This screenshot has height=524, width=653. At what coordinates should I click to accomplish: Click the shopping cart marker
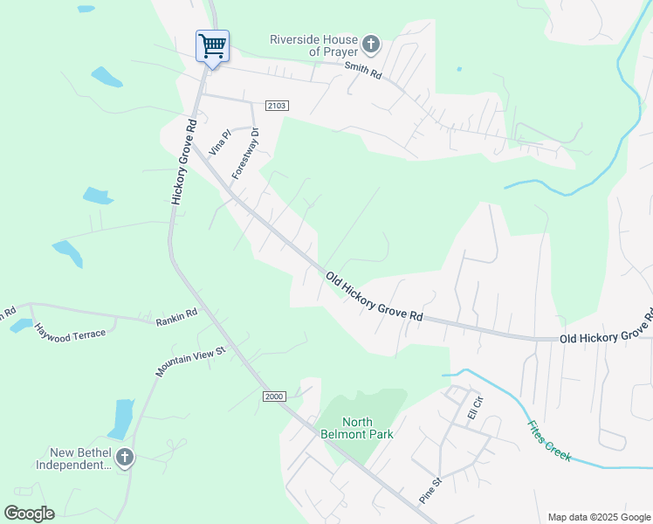click(212, 46)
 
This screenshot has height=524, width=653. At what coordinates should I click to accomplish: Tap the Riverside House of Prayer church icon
click(371, 44)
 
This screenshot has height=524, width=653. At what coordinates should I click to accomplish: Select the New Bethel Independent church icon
click(125, 457)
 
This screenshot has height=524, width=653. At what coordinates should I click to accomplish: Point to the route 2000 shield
click(274, 396)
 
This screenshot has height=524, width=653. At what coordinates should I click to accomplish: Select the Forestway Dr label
click(246, 154)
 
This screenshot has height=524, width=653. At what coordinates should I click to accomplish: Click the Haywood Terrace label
click(70, 331)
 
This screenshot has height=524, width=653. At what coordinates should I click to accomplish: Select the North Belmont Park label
click(368, 428)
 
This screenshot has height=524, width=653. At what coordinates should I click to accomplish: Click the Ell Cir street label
click(475, 407)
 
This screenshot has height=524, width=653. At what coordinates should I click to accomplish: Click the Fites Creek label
click(548, 441)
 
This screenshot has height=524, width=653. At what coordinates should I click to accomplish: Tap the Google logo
click(29, 514)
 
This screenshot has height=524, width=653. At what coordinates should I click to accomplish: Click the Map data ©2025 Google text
click(598, 517)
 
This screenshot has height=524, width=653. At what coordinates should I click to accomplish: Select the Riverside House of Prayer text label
click(313, 45)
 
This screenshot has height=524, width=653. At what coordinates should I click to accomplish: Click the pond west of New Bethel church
click(121, 418)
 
